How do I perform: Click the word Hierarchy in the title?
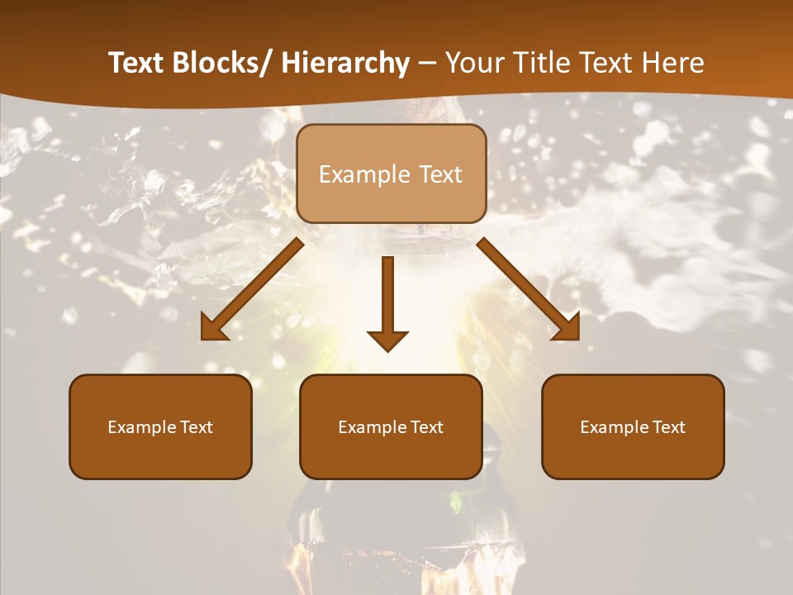point(344,63)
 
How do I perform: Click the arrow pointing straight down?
point(387,302)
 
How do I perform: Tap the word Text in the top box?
point(439,175)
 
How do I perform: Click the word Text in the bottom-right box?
point(668,427)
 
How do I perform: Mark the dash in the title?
point(427,64)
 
